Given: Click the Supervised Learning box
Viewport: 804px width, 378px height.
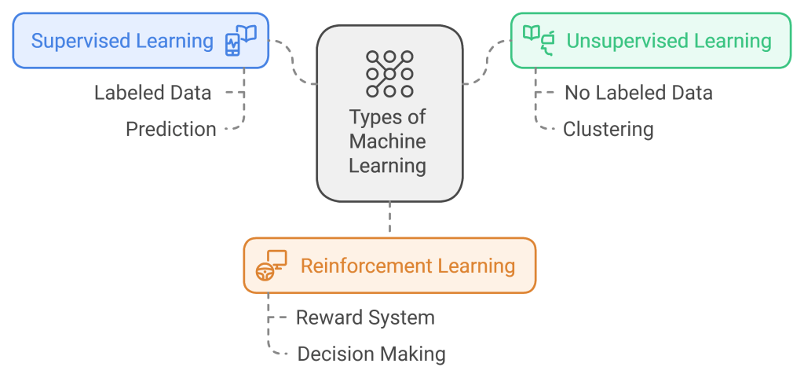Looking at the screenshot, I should [x=141, y=40].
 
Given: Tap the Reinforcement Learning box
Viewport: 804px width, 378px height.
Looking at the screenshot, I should [x=389, y=266].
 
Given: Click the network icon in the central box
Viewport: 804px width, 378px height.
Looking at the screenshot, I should [x=389, y=74].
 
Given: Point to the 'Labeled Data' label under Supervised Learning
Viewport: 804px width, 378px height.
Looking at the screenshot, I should [x=152, y=93].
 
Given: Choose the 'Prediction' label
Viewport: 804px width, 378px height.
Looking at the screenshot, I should [x=171, y=129].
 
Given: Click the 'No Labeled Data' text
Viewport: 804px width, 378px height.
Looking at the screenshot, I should [x=638, y=93].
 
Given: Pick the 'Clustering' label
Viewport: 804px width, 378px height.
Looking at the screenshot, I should [x=608, y=129].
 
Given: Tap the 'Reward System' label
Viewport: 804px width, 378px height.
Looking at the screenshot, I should [x=365, y=317].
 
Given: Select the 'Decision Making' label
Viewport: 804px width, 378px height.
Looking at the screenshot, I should [x=371, y=354].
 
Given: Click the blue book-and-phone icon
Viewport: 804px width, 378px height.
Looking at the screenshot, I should [x=241, y=40].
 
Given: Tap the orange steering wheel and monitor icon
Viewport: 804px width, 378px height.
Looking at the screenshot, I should [x=272, y=266].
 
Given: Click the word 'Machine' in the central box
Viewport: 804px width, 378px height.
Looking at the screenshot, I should [x=388, y=141].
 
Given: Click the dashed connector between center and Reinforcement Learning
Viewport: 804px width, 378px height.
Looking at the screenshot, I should [x=389, y=219].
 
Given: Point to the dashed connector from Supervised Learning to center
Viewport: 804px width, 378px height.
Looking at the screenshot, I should [x=294, y=63].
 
